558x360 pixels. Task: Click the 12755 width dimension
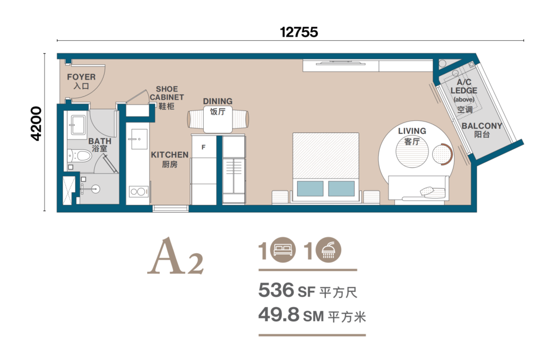pos(299,32)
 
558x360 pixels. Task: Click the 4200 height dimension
pos(37,131)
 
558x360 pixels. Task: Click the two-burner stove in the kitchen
pos(137,192)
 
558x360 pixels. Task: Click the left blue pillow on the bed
pos(310,188)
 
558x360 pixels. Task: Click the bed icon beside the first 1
pos(283,251)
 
